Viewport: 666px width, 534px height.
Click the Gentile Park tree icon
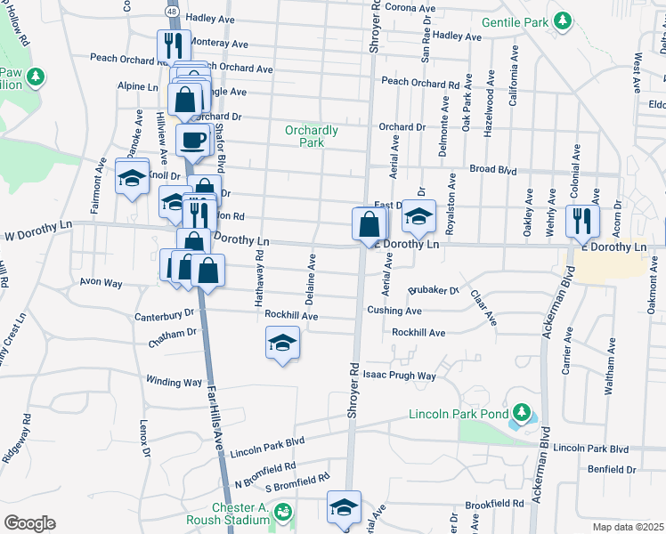562,20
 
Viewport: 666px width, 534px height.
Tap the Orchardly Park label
312,136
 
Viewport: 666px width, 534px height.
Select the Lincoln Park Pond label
458,414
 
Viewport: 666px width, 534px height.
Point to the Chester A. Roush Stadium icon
282,512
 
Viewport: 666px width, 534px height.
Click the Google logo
29,523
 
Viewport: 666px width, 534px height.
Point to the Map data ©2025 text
627,527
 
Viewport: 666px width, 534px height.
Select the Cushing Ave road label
394,311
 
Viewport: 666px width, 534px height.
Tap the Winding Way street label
175,383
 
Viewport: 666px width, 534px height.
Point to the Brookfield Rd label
494,504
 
